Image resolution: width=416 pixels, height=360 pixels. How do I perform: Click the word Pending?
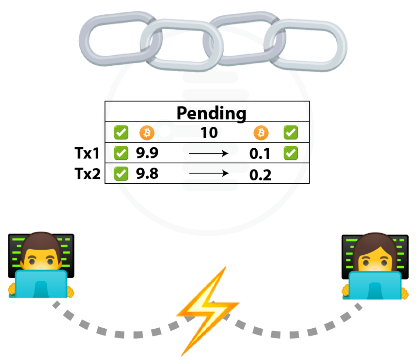pos(209,113)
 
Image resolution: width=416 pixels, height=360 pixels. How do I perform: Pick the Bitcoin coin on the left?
pos(147,133)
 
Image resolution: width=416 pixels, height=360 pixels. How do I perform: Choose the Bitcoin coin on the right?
pos(261,132)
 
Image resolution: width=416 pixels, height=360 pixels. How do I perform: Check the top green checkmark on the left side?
pos(121,132)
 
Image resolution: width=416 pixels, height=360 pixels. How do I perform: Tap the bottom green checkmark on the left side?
pos(121,173)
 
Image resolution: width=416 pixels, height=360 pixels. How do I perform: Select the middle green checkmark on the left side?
pos(121,153)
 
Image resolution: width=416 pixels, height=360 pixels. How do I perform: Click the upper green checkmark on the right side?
pos(290,132)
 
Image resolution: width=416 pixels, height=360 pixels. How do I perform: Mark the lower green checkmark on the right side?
pos(290,153)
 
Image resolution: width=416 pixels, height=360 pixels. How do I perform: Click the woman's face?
pos(374,258)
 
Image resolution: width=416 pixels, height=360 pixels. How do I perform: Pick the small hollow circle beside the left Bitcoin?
pos(165,131)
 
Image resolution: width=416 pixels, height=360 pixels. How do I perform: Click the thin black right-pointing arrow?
pos(209,153)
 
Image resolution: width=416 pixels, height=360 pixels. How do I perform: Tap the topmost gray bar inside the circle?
pos(210,77)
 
